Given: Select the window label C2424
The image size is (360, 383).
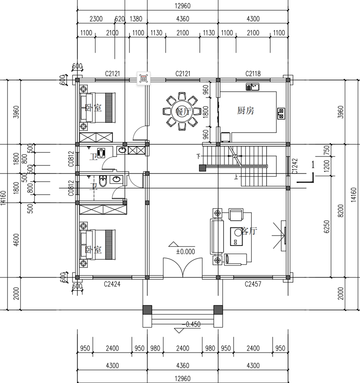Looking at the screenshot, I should pos(112,284).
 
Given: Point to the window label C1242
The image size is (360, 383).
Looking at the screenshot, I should pos(295,166).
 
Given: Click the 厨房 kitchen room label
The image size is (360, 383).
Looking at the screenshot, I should pos(245,111).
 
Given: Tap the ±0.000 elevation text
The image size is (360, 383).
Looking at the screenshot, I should pos(185,252).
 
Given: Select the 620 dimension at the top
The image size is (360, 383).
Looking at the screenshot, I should pos(119,19).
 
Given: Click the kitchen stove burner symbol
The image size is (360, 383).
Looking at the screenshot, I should pos(281,113).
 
